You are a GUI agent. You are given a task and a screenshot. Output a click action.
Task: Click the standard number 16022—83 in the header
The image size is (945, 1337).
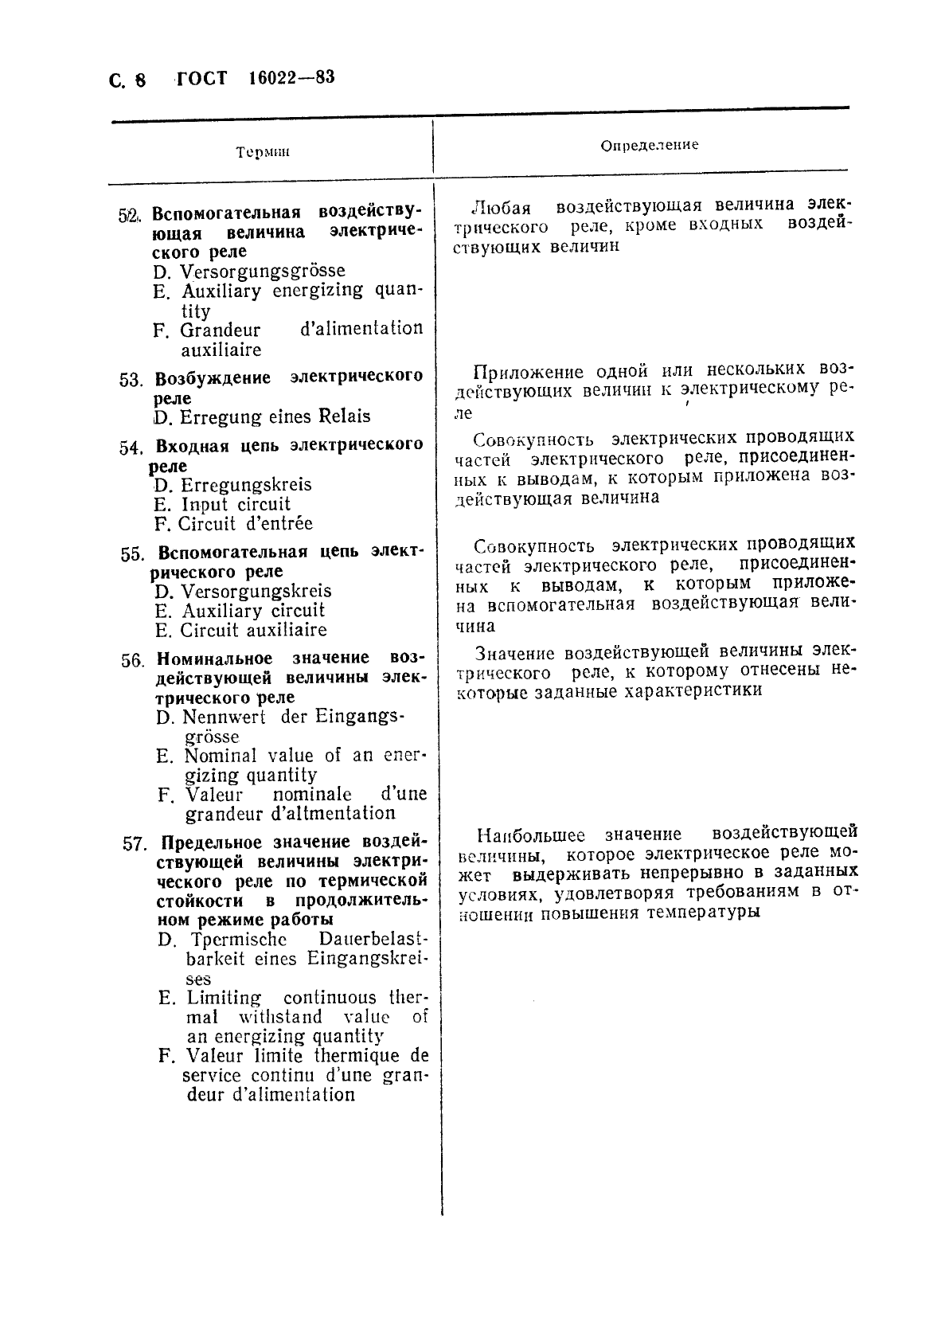[291, 78]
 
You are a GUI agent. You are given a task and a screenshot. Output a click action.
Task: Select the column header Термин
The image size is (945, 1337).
[262, 152]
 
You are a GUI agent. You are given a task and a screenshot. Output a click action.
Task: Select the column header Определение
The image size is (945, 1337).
[649, 145]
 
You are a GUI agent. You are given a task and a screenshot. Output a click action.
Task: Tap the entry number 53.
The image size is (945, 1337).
[131, 380]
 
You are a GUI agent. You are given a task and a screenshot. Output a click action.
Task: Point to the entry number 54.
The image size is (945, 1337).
[131, 448]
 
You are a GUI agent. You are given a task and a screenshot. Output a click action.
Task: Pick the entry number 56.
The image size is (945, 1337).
[133, 661]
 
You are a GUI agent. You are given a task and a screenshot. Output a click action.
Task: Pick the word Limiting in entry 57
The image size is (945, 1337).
[224, 998]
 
